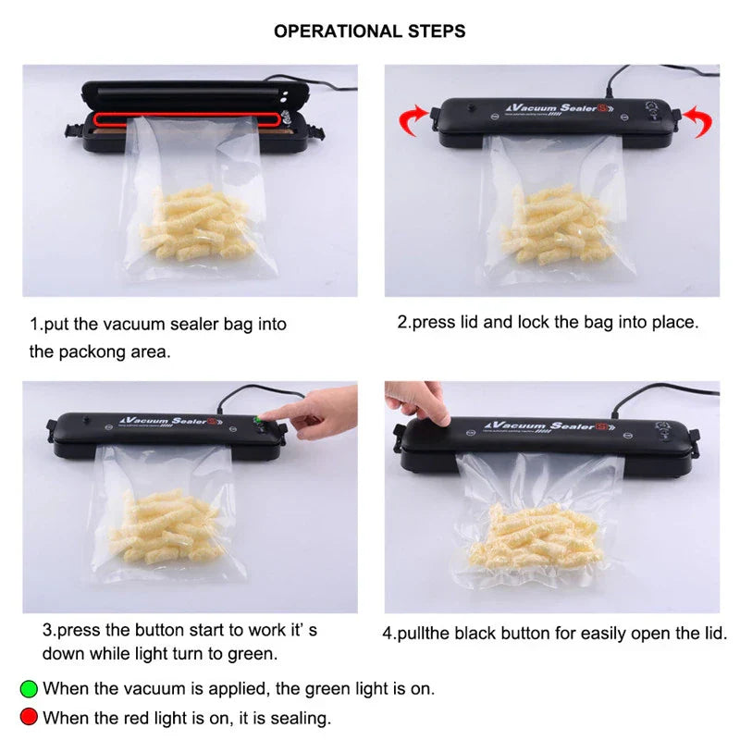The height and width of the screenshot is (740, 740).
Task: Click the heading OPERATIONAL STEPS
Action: coord(369,31)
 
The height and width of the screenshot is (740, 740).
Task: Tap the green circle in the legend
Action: coord(29,688)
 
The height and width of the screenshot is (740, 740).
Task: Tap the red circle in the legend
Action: coord(29,717)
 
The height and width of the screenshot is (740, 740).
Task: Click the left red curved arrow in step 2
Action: coord(412,118)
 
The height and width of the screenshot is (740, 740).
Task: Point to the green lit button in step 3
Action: coord(258,419)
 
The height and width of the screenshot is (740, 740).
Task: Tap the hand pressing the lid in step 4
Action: coord(418,402)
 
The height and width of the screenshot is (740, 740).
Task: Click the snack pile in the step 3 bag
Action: coord(166,526)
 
